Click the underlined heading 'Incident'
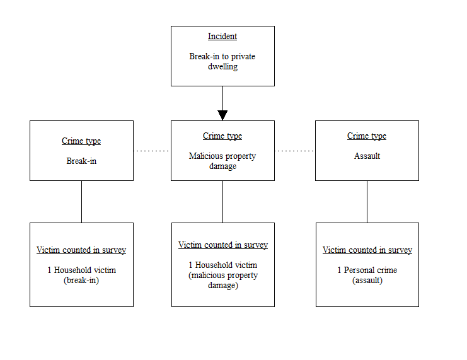pos(222,37)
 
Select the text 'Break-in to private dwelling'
pos(222,61)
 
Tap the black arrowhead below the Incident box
pos(222,115)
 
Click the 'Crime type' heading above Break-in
pos(81,141)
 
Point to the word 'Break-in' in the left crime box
pos(81,161)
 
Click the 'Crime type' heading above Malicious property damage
pos(222,136)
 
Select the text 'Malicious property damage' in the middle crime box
pos(222,161)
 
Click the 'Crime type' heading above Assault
pos(367,136)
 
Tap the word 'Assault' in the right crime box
pos(367,156)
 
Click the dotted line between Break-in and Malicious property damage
pos(152,151)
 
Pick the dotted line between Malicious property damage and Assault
pos(294,151)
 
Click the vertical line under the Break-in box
pos(81,201)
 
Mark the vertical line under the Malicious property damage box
pos(222,201)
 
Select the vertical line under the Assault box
pos(367,201)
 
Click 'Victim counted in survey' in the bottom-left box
pos(81,250)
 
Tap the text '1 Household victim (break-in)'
pos(81,275)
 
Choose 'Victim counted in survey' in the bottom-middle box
pos(222,245)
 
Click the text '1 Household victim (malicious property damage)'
pos(222,275)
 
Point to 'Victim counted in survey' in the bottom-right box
pos(367,250)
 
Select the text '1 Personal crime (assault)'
pos(367,275)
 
